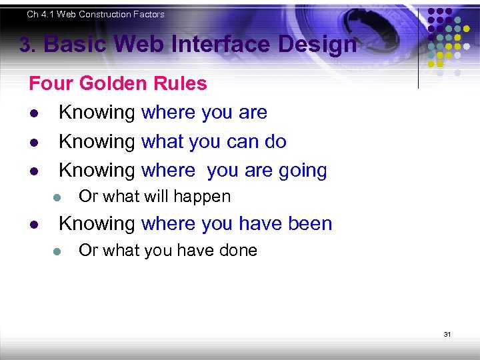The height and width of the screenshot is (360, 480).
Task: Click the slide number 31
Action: click(x=447, y=334)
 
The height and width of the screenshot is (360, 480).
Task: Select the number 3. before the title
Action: click(x=28, y=46)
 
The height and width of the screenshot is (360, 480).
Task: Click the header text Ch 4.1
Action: click(x=42, y=14)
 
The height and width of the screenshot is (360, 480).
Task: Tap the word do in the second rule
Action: click(x=275, y=141)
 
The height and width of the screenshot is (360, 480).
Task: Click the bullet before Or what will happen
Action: click(x=57, y=197)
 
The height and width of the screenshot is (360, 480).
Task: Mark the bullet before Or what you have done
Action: click(x=57, y=251)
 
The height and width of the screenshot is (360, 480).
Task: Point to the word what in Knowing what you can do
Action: click(x=162, y=141)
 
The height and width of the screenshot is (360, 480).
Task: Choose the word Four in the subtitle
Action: click(x=51, y=83)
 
